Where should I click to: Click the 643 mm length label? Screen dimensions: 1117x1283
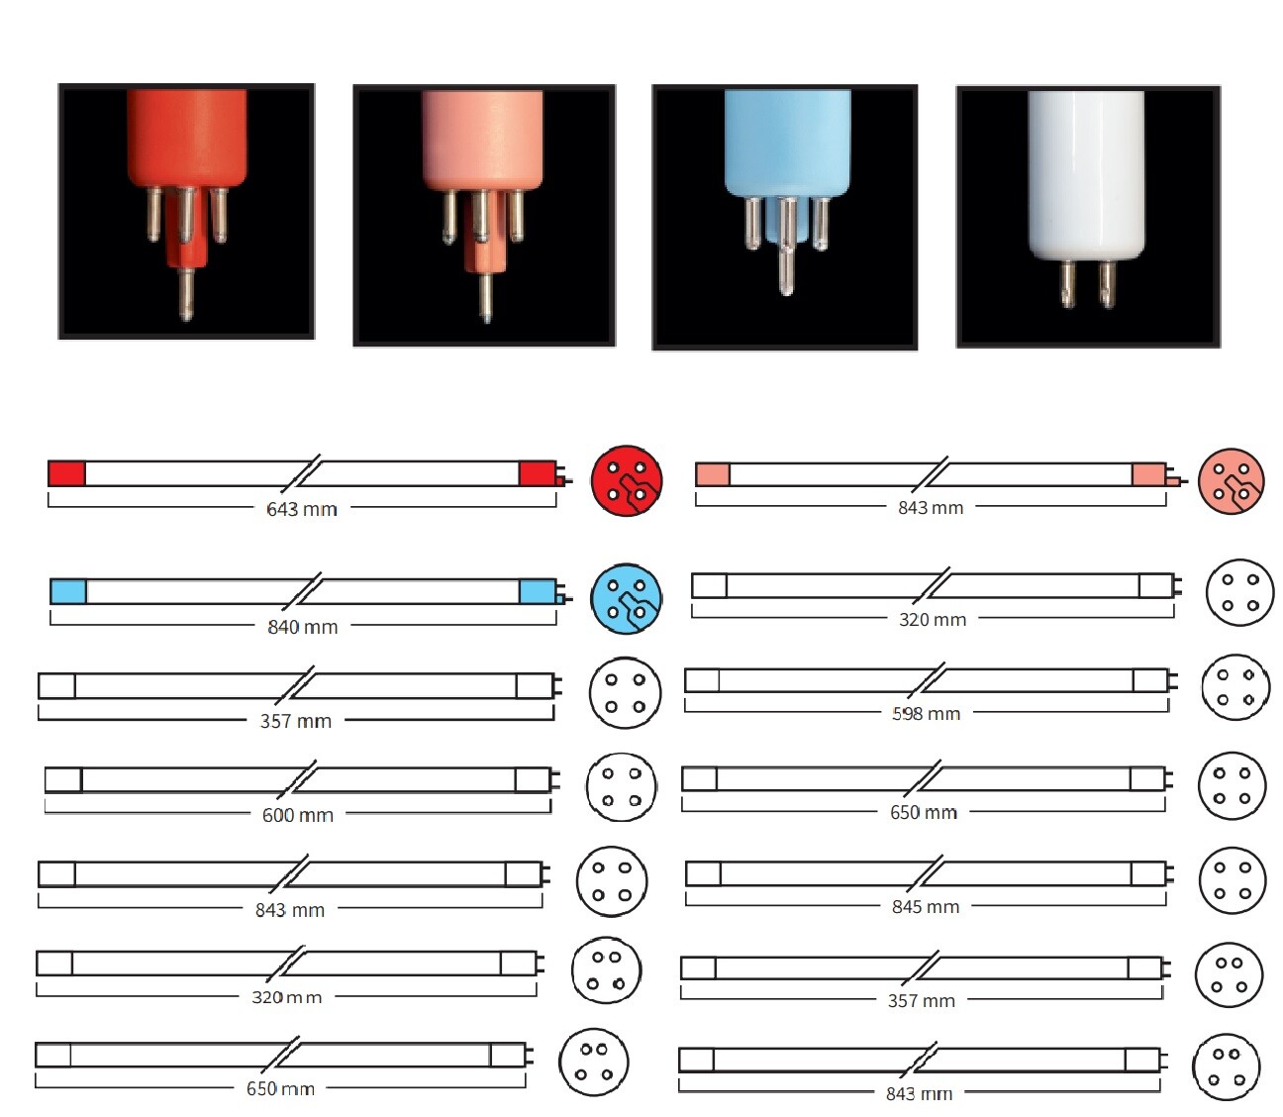click(x=302, y=509)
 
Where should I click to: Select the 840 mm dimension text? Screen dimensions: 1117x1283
click(x=302, y=627)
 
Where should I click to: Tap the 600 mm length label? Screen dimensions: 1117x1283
click(x=298, y=815)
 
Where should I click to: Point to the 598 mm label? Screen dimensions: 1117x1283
click(x=926, y=713)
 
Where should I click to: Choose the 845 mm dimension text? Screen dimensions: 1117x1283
click(x=926, y=906)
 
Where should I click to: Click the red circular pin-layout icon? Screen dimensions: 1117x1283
click(x=626, y=480)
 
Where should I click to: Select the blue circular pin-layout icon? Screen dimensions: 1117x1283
click(x=626, y=599)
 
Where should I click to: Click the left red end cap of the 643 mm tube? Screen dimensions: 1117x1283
click(x=67, y=473)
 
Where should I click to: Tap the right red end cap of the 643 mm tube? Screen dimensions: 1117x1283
click(x=537, y=473)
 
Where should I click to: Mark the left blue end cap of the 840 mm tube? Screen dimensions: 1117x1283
click(x=68, y=592)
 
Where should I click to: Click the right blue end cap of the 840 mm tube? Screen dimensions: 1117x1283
click(x=537, y=592)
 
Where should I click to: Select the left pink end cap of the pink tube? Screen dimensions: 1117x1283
click(x=713, y=474)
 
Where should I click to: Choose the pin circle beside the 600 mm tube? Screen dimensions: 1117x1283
click(x=621, y=787)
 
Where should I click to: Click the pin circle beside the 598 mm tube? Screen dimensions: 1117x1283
click(x=1234, y=687)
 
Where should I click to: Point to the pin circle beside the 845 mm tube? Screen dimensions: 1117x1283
click(x=1232, y=880)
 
